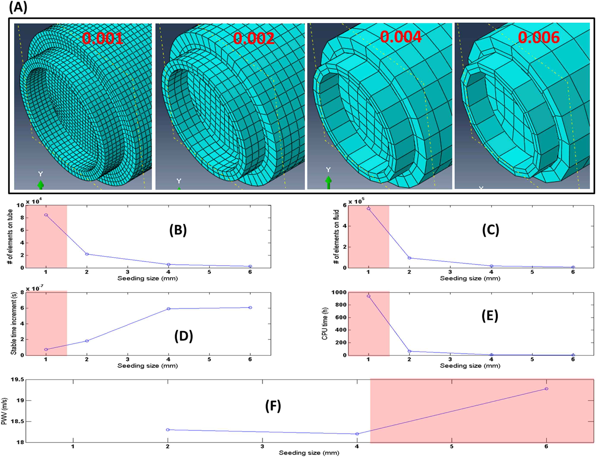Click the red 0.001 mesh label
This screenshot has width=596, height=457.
tap(103, 38)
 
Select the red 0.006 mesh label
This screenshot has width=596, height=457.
tap(539, 37)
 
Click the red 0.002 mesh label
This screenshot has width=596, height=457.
tap(253, 38)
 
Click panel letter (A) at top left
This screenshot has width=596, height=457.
tap(18, 8)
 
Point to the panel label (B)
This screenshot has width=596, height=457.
tap(178, 230)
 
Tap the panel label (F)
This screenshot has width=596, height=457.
tap(273, 406)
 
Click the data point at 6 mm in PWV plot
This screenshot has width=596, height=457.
tap(546, 389)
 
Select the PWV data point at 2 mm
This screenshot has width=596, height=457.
tap(168, 430)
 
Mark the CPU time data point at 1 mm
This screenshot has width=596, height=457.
tap(369, 296)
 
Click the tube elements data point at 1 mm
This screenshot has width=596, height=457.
tap(46, 215)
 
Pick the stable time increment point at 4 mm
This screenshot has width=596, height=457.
tap(168, 308)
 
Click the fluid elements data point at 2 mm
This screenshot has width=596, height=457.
tap(409, 258)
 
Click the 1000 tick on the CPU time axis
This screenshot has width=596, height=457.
tap(339, 293)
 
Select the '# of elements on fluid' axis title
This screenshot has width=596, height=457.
tap(337, 236)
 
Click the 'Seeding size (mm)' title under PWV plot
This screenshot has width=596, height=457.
tap(309, 453)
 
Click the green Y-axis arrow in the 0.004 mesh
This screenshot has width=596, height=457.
tap(328, 182)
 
